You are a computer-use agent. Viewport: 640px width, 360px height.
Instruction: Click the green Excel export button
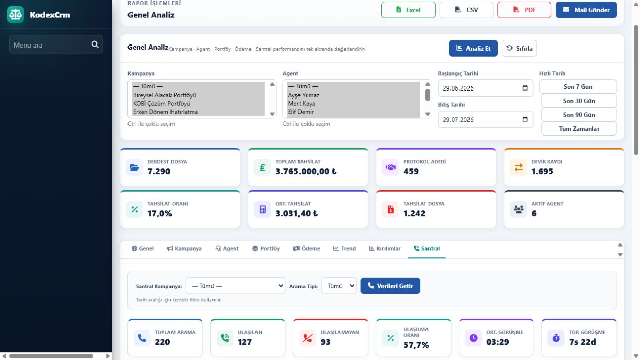point(408,10)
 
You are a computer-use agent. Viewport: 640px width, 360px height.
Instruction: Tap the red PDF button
point(524,10)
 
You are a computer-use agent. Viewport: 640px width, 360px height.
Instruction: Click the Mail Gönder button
point(586,10)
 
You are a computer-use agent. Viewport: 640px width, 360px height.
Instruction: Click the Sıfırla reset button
point(519,48)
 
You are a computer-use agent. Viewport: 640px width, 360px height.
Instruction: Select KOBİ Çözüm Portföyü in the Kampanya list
point(161,103)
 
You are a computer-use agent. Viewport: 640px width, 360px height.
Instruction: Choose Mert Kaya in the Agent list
point(302,103)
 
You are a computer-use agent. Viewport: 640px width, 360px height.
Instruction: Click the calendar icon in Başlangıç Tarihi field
point(525,88)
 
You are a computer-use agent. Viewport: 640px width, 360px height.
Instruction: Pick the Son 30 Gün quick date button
point(579,101)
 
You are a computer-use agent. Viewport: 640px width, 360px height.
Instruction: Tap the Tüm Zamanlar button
point(579,129)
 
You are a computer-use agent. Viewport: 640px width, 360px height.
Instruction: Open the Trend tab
point(345,248)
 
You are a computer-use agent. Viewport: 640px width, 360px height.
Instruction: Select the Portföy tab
point(266,248)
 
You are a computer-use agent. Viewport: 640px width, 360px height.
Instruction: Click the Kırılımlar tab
point(385,248)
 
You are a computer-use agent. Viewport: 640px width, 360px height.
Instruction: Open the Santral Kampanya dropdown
point(235,286)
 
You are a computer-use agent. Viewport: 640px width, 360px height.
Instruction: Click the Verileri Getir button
point(390,286)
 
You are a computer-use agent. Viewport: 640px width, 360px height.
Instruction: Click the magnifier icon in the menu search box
point(95,44)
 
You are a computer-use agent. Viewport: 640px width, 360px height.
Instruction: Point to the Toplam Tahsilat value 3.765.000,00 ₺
point(306,171)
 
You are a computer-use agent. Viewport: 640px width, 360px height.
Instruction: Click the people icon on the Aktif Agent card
point(518,209)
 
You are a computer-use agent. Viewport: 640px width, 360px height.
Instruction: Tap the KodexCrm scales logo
point(15,14)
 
